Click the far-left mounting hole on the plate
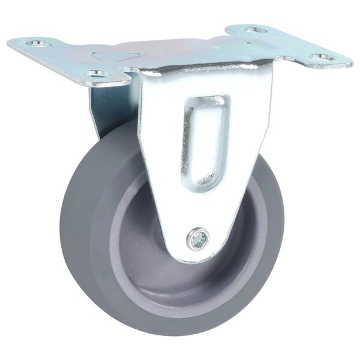(40, 43)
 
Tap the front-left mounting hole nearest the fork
(95, 73)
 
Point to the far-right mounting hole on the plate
(321, 58)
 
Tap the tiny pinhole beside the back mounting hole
(247, 43)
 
